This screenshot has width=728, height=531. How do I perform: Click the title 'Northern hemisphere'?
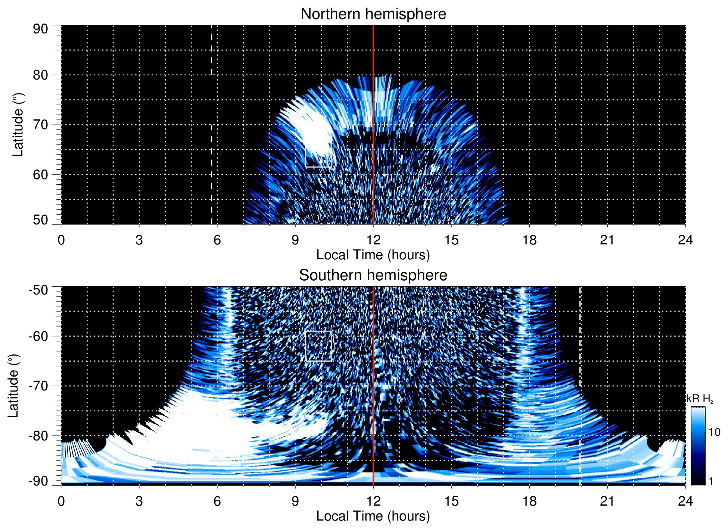[373, 14]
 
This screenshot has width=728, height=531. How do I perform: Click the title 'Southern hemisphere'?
[373, 275]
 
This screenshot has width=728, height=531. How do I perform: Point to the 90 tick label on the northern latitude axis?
[40, 29]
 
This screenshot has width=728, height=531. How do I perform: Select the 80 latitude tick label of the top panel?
[40, 75]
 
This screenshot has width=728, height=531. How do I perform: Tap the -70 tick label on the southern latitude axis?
[38, 386]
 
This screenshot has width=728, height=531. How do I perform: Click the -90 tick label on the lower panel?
[38, 481]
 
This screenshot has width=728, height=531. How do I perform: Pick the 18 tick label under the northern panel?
[529, 240]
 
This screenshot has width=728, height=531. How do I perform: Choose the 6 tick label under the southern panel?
[217, 501]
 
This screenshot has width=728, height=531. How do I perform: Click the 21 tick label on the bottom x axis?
[607, 501]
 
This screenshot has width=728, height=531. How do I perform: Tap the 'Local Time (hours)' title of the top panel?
[373, 255]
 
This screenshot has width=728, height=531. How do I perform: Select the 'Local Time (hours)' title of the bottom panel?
[373, 516]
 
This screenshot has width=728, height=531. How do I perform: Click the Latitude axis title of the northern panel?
[18, 125]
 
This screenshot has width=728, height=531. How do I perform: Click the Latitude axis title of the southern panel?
[13, 386]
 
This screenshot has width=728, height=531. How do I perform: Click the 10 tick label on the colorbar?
[714, 432]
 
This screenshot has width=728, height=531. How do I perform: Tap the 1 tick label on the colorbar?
[711, 481]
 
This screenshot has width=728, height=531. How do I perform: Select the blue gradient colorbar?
[698, 446]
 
